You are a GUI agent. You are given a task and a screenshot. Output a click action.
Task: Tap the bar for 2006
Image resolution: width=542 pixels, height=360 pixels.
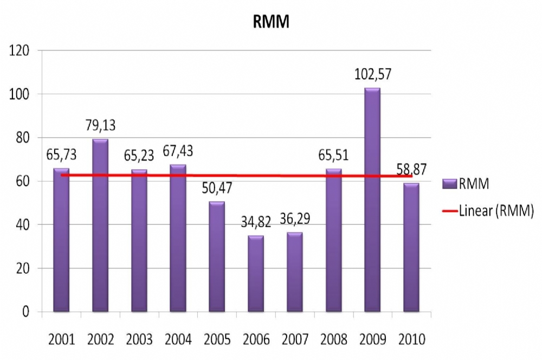point(256,273)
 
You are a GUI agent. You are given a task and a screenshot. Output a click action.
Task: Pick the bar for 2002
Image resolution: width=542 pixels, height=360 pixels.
point(100,225)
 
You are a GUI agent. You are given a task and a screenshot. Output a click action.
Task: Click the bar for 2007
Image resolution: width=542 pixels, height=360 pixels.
point(294,272)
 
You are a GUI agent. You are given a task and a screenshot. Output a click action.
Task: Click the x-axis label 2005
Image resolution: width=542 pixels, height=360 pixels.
point(217,340)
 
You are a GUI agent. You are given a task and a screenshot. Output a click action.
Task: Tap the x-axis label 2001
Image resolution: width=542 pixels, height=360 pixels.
point(61,340)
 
